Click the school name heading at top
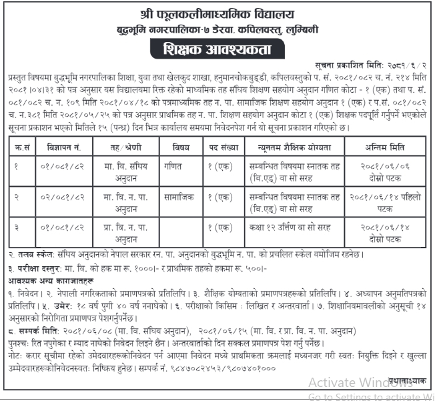[217, 13]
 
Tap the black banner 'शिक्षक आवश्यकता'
[217, 49]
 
